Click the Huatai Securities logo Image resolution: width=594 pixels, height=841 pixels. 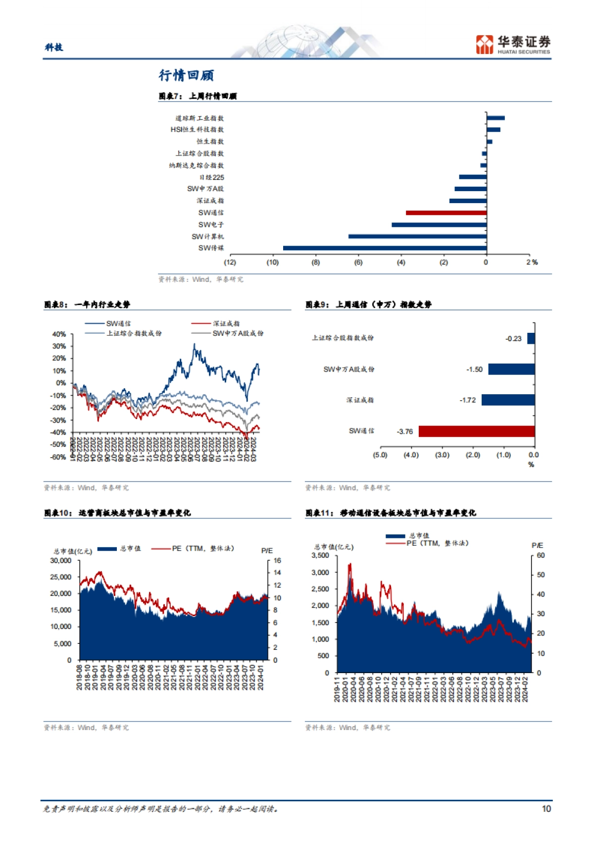point(512,44)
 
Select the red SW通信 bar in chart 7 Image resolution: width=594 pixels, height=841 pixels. point(446,213)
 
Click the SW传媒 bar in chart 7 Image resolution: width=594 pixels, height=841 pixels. point(385,248)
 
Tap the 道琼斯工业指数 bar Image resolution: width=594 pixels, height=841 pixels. point(495,118)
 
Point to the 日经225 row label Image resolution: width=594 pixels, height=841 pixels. point(211,177)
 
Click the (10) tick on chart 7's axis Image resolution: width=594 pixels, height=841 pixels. point(273,263)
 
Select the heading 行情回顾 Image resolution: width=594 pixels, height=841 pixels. point(186,75)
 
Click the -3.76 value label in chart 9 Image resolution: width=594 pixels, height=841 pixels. point(404,431)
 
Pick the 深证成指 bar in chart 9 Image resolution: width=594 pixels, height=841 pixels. point(508,400)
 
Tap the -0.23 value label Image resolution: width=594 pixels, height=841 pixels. point(513,339)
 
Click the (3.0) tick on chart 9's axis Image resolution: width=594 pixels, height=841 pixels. point(442,455)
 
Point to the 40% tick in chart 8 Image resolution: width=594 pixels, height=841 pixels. point(59,334)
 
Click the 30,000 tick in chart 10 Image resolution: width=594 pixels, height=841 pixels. point(61,561)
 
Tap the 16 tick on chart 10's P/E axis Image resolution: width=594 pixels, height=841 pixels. point(277,561)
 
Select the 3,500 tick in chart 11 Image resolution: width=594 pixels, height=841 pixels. point(320,555)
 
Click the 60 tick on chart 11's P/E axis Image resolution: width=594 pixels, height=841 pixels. point(541,555)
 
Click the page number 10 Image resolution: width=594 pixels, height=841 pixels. point(546,809)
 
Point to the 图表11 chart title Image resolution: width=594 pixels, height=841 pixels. point(391,513)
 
